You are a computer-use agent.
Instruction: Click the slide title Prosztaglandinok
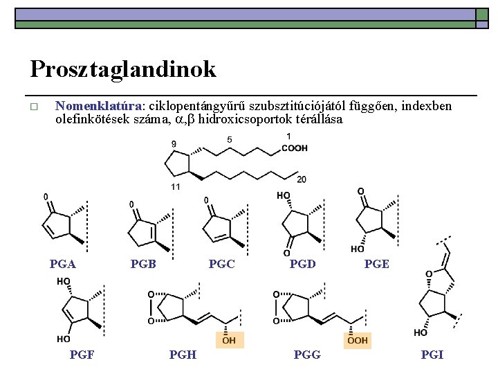tap(123, 69)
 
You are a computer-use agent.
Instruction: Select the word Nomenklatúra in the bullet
tap(98, 107)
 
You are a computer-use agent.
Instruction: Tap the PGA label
tap(63, 264)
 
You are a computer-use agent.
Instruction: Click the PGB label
tap(143, 264)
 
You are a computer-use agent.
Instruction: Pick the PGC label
tap(221, 264)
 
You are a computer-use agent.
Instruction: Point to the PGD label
tap(302, 264)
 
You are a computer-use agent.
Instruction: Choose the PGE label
tap(376, 264)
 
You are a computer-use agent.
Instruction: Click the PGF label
tap(82, 355)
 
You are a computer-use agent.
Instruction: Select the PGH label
tap(183, 355)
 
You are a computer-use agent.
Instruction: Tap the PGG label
tap(307, 355)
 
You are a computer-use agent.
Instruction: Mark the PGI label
tap(432, 355)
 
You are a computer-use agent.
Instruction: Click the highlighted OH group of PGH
tap(228, 340)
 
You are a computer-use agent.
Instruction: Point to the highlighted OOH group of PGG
tap(357, 340)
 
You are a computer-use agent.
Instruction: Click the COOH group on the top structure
tap(295, 148)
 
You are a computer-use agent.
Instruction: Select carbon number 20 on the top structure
tap(302, 179)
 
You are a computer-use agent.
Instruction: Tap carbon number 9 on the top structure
tap(173, 144)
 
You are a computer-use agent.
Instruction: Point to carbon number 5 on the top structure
tap(230, 140)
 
